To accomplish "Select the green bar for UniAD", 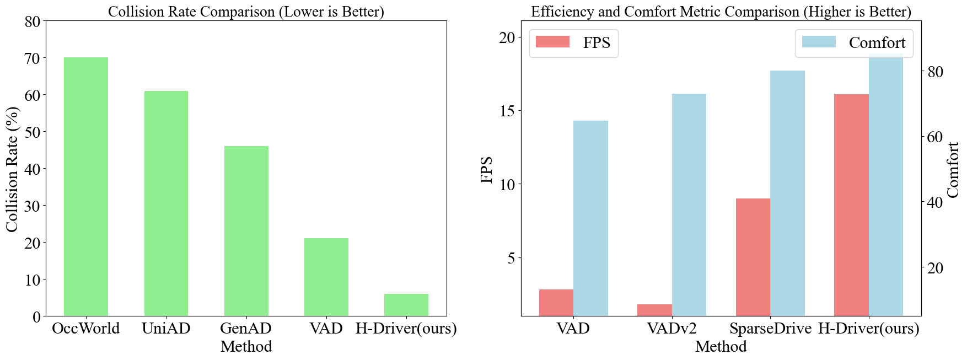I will tap(166, 203).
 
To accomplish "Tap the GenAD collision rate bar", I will tap(246, 231).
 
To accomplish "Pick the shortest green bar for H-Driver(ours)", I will tap(406, 305).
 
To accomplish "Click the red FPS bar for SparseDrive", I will tap(753, 257).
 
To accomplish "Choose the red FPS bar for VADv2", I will tap(654, 310).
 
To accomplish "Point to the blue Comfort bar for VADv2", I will tap(689, 205).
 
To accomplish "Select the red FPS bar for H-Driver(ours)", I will tap(851, 205).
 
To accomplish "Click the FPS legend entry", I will tap(573, 43).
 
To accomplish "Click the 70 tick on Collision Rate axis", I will tap(33, 58).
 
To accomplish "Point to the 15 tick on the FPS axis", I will tap(507, 111).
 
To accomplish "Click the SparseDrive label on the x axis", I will tap(770, 329).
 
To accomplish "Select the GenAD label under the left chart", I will tap(246, 329).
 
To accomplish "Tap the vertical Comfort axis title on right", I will tap(953, 169).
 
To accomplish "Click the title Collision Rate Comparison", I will tap(246, 12).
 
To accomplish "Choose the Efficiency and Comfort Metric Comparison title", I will tap(721, 12).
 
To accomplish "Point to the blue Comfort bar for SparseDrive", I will tap(787, 193).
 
